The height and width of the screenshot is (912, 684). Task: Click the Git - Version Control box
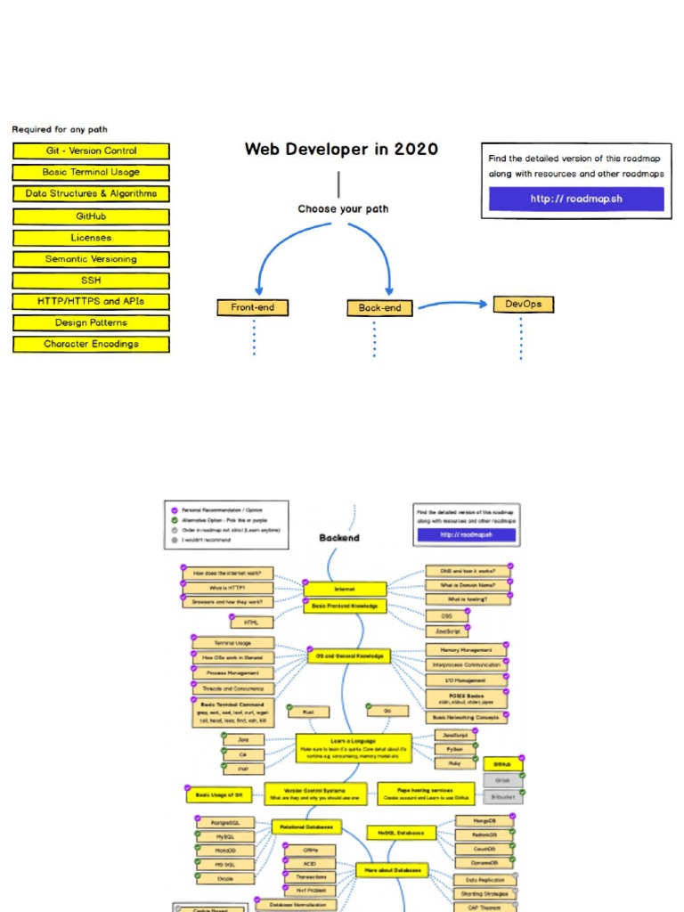tap(91, 151)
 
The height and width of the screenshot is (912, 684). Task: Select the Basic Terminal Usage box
tap(91, 173)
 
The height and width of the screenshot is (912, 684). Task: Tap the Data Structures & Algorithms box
tap(91, 193)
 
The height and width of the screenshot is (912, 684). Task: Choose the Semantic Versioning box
tap(91, 259)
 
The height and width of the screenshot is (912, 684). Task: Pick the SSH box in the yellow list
tap(91, 280)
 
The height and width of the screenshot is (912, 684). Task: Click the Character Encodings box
tap(91, 344)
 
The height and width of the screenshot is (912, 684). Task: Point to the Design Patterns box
tap(91, 322)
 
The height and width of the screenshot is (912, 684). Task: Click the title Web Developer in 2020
tap(341, 150)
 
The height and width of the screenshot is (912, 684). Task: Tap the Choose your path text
tap(343, 209)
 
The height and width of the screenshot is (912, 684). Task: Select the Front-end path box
tap(253, 308)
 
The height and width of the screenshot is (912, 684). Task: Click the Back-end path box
tap(379, 308)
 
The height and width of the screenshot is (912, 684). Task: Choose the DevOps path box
tap(523, 305)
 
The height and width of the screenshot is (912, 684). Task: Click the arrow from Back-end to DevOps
tap(452, 305)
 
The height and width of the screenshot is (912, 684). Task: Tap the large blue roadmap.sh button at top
tap(575, 199)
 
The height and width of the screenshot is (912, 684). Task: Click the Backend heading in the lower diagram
tap(339, 538)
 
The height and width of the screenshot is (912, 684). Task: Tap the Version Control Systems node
tap(316, 793)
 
